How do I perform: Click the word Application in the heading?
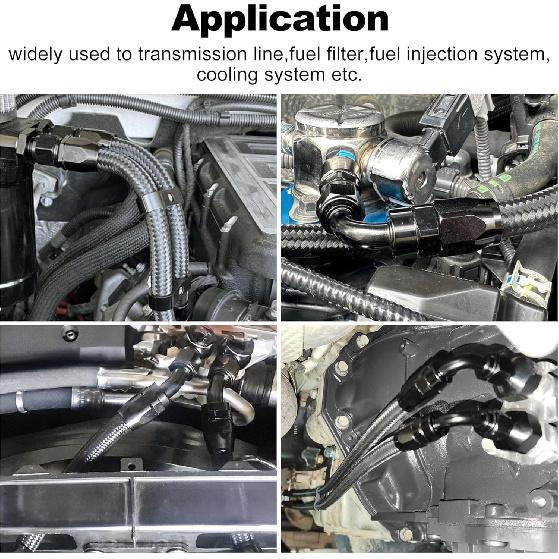pos(280,20)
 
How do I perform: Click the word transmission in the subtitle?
pos(193,54)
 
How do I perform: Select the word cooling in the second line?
pos(226,76)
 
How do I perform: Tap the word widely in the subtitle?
pos(35,55)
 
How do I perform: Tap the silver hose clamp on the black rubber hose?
pos(21,401)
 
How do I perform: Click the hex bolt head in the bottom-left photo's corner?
pos(70,333)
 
